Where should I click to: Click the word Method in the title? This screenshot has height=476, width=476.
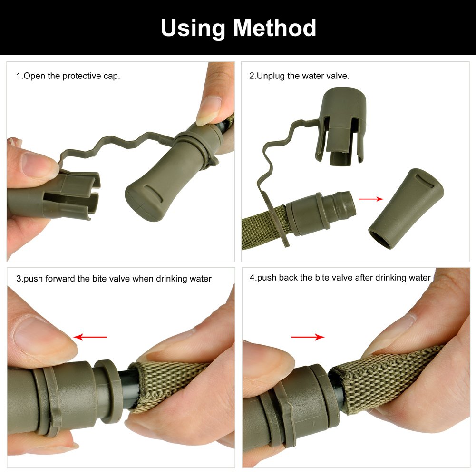point(275,28)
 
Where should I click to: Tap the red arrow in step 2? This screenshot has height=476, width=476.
point(371,199)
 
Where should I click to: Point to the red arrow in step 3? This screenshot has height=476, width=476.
point(90,337)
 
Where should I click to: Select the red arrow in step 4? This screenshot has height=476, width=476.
point(308,337)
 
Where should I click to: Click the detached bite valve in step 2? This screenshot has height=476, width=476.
point(406,209)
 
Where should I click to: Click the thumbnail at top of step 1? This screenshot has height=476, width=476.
point(209,110)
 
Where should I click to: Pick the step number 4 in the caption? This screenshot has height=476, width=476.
point(252,277)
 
